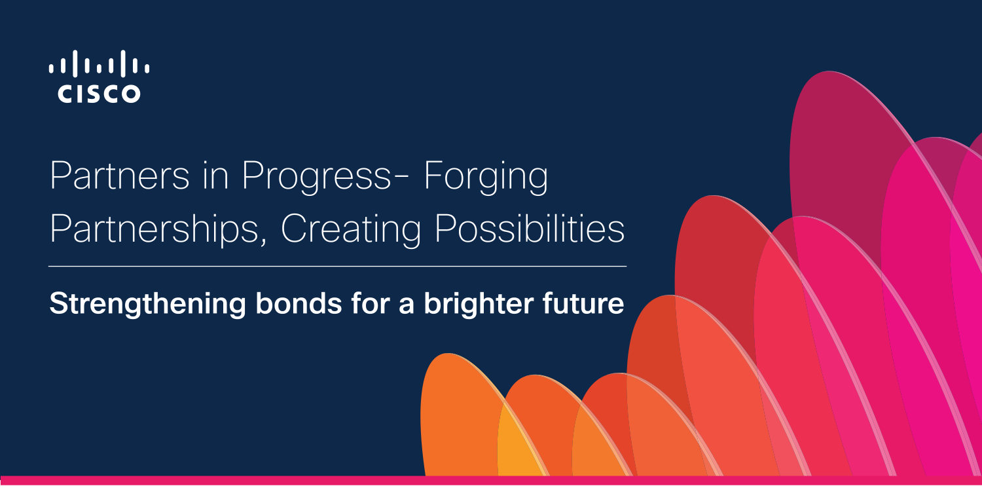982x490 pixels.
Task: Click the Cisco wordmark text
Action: click(99, 94)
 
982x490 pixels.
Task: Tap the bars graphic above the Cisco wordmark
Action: click(99, 64)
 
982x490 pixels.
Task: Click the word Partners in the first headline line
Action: click(120, 176)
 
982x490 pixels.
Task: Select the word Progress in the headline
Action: click(316, 178)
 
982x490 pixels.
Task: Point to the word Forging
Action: click(486, 178)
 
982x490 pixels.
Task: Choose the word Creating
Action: click(351, 230)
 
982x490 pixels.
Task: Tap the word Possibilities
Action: click(530, 228)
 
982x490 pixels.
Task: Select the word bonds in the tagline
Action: click(299, 303)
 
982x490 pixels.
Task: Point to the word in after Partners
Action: click(215, 176)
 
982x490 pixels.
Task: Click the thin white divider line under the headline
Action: click(338, 266)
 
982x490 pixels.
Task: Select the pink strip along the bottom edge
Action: click(491, 480)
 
